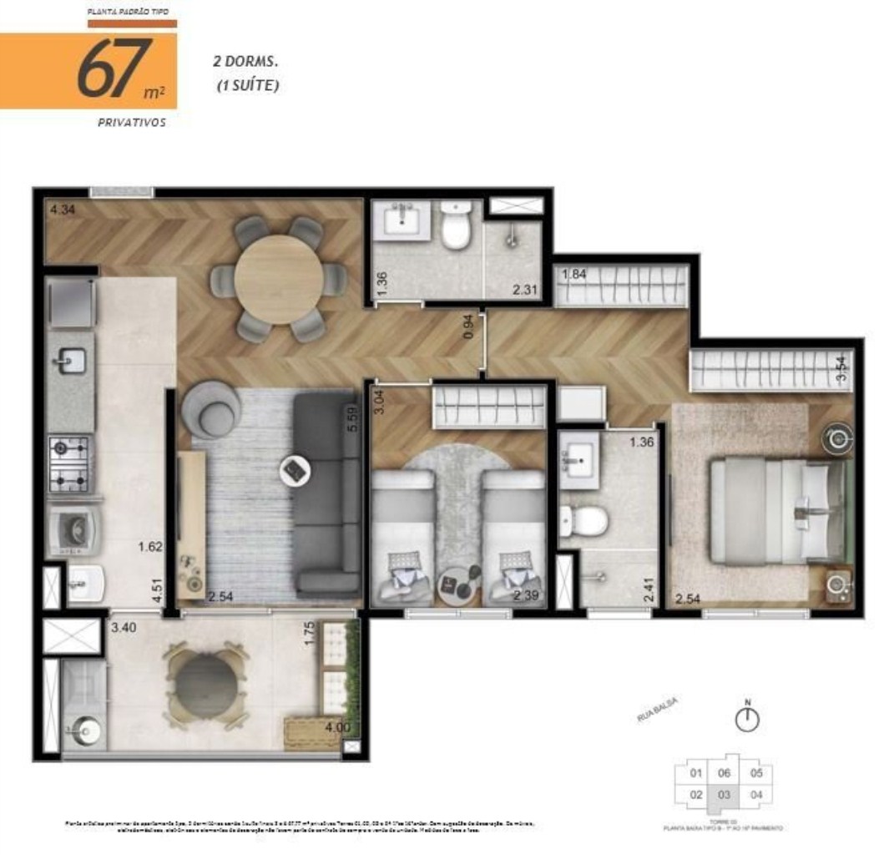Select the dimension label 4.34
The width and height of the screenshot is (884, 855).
pyautogui.click(x=62, y=210)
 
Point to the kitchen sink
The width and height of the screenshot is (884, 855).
pyautogui.click(x=72, y=361)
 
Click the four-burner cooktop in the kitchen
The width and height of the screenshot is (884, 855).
pyautogui.click(x=70, y=463)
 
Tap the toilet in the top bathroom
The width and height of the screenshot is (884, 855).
pyautogui.click(x=457, y=226)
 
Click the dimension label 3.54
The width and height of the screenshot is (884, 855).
pyautogui.click(x=841, y=367)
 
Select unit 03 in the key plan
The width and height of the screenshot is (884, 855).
pyautogui.click(x=724, y=794)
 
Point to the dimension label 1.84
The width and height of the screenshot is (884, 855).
pyautogui.click(x=575, y=275)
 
